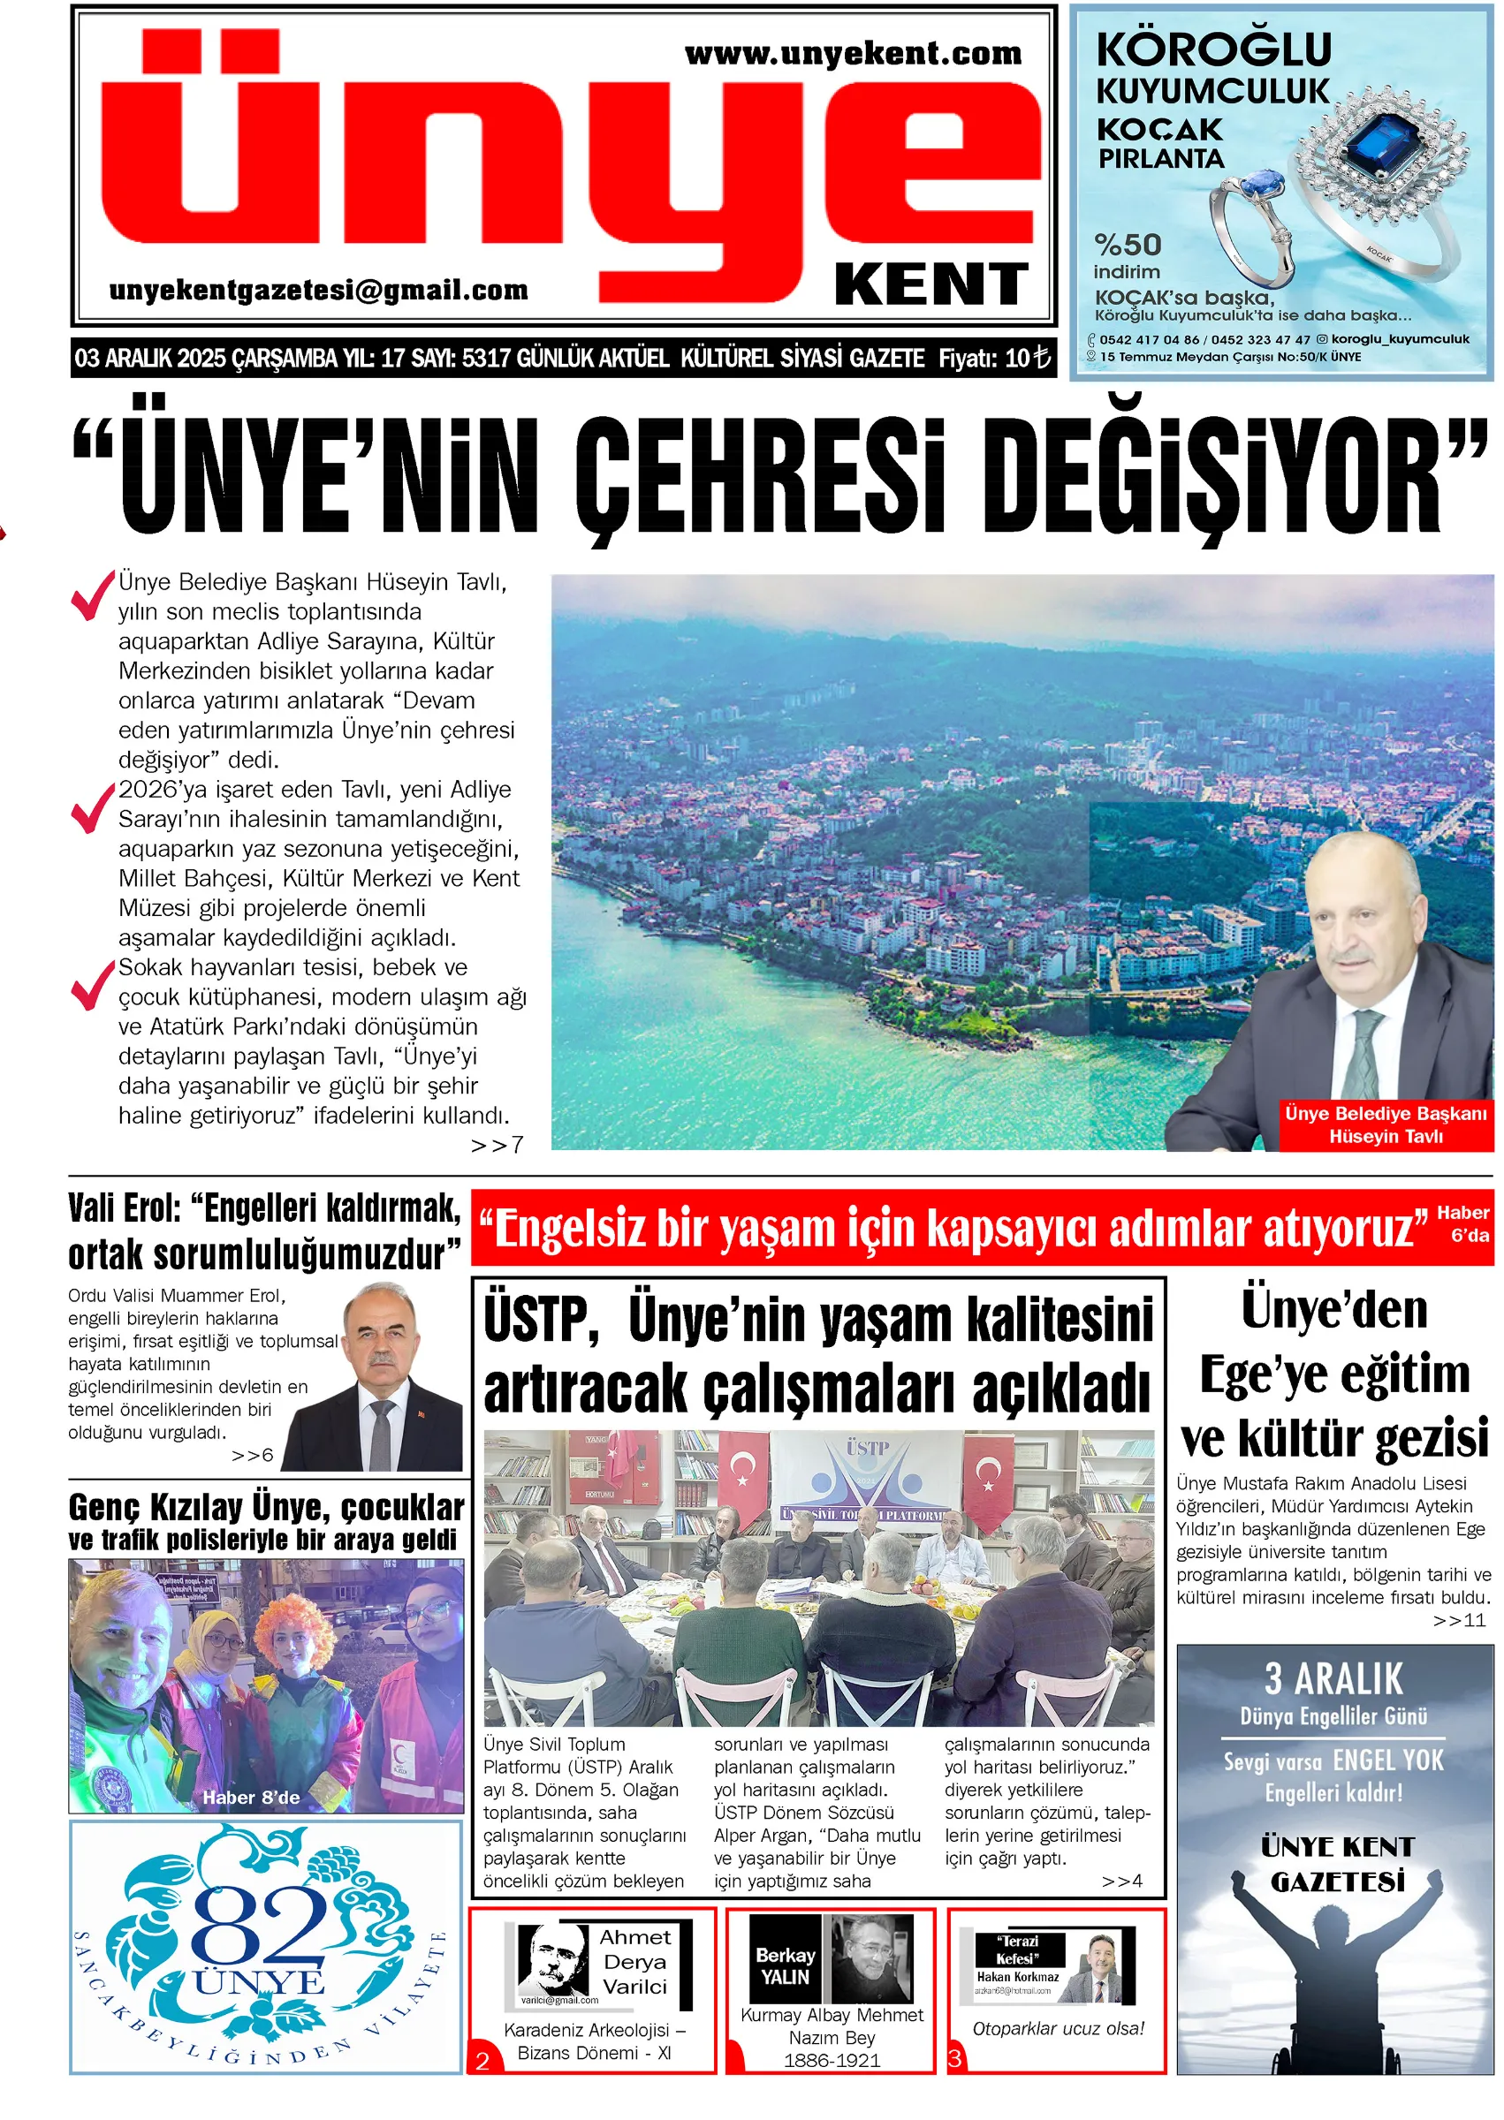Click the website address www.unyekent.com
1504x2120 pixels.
pyautogui.click(x=853, y=54)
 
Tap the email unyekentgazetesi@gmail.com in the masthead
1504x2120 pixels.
pyautogui.click(x=319, y=291)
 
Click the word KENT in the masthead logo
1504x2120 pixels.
pyautogui.click(x=931, y=284)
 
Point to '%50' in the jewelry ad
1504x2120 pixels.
pyautogui.click(x=1127, y=246)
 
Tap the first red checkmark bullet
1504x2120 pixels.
pyautogui.click(x=92, y=595)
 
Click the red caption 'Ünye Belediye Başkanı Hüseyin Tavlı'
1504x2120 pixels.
pyautogui.click(x=1385, y=1124)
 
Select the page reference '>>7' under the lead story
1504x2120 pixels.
pyautogui.click(x=498, y=1145)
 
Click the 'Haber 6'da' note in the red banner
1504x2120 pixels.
pyautogui.click(x=1462, y=1224)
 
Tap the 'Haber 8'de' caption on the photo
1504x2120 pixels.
pyautogui.click(x=251, y=1798)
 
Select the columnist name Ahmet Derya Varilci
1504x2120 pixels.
pyautogui.click(x=634, y=1962)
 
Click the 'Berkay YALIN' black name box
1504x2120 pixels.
pyautogui.click(x=785, y=1965)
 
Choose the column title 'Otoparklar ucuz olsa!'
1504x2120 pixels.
pyautogui.click(x=1058, y=2028)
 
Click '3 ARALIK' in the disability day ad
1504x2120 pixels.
pyautogui.click(x=1333, y=1678)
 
